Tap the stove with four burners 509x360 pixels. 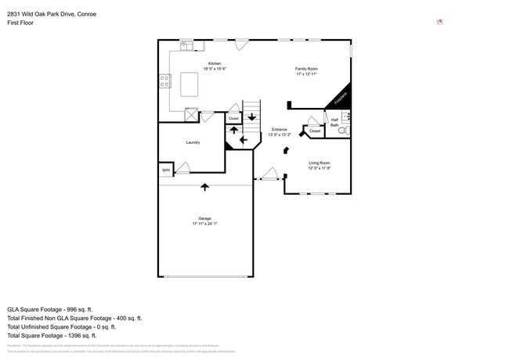click(165, 81)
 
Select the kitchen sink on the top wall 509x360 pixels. click(186, 46)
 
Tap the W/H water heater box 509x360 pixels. click(166, 170)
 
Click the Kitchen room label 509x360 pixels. click(214, 63)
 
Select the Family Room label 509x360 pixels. click(306, 69)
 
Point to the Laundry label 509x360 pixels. click(193, 142)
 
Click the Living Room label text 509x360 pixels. click(319, 163)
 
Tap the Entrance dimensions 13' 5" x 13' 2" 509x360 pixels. click(280, 135)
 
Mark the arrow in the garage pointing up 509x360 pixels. click(205, 187)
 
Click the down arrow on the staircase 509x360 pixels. click(251, 118)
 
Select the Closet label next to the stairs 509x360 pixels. click(233, 118)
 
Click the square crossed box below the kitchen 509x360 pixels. click(190, 115)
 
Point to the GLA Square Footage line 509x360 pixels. click(50, 309)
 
